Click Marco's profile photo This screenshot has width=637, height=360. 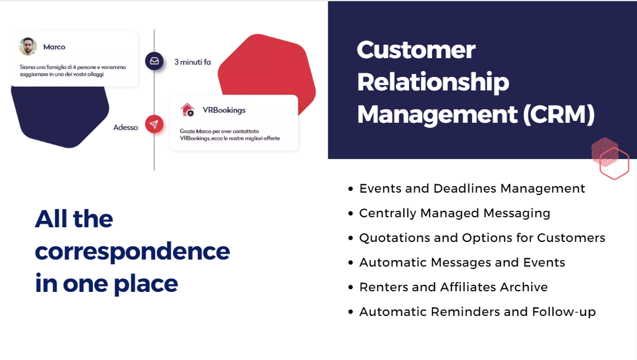(28, 46)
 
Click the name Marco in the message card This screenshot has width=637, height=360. (54, 47)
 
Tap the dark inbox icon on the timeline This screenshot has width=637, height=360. (154, 61)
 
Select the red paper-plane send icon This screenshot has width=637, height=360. (154, 124)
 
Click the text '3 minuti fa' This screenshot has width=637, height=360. (193, 62)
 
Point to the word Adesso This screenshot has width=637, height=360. (126, 127)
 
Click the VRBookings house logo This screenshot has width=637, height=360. (187, 110)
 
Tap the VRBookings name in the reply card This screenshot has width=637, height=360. (224, 110)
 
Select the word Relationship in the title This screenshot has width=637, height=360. (433, 82)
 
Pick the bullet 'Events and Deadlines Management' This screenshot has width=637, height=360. (472, 189)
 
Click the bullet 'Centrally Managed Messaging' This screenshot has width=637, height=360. (454, 213)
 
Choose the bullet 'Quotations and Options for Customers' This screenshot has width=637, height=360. (482, 238)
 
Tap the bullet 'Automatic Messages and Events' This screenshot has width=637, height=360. (462, 263)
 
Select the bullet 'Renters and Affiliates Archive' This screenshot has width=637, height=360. (453, 287)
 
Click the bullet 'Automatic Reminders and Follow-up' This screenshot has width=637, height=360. (477, 312)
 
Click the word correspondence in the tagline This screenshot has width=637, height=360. (132, 251)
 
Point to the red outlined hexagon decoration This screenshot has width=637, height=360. (615, 164)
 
